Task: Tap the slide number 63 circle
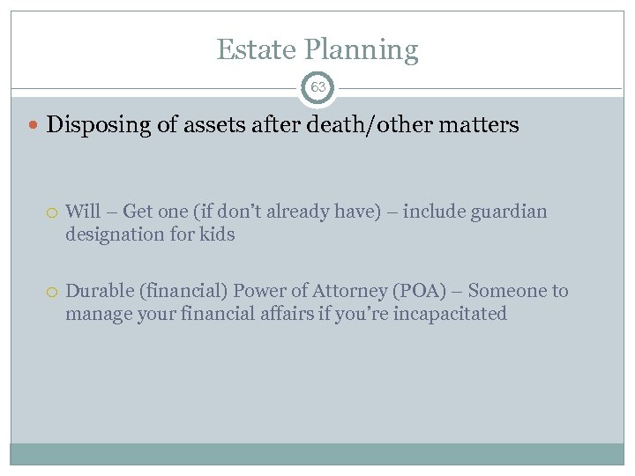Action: click(317, 87)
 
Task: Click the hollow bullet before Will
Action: click(54, 212)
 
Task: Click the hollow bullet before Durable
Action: click(54, 292)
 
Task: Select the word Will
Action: click(83, 212)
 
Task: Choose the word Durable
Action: click(98, 291)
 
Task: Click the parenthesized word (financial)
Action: click(181, 292)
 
